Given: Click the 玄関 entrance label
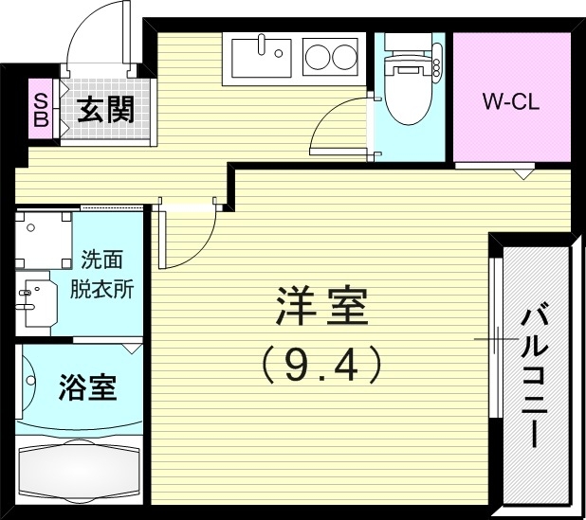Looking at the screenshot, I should pyautogui.click(x=105, y=110).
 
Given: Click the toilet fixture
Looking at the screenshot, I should pyautogui.click(x=408, y=80).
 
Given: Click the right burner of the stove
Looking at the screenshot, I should pyautogui.click(x=343, y=59).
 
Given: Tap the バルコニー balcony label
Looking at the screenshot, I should pyautogui.click(x=533, y=374).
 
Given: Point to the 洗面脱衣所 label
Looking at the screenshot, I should pyautogui.click(x=105, y=275).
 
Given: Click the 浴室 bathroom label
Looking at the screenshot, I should pyautogui.click(x=87, y=387).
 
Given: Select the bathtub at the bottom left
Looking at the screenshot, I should pyautogui.click(x=80, y=470).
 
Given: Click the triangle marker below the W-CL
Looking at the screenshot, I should pyautogui.click(x=522, y=174).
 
